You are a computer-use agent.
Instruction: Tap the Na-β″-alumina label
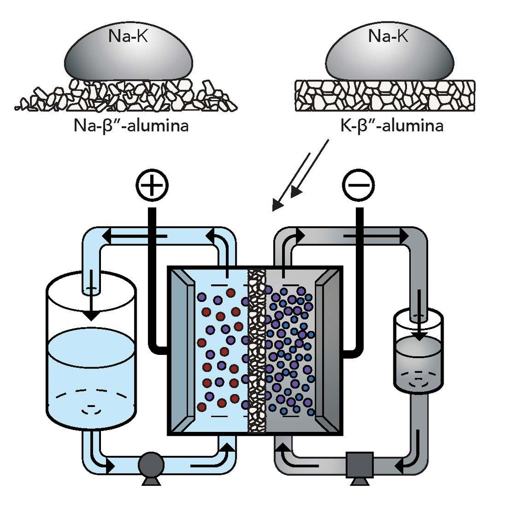(x=131, y=126)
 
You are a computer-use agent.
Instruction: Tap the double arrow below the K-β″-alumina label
(x=301, y=176)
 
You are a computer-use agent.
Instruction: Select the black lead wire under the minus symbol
(x=360, y=282)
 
